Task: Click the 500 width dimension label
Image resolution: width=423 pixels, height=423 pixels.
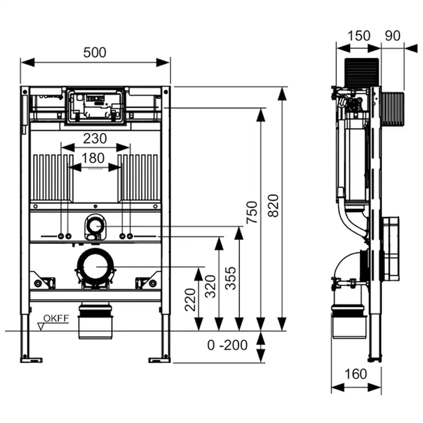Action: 95,52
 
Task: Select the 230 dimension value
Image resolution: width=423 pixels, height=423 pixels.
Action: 95,138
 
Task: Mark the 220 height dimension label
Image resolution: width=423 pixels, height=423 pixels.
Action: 191,299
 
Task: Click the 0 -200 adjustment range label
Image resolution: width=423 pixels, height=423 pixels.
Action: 227,345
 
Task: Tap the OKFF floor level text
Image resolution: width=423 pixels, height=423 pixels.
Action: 56,318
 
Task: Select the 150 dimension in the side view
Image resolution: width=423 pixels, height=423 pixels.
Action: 360,36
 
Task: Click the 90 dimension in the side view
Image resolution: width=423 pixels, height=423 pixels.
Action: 392,36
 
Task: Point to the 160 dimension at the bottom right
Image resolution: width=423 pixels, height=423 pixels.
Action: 356,374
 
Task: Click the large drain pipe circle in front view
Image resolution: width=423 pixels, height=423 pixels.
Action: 95,267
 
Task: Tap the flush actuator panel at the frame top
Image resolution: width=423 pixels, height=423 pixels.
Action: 95,105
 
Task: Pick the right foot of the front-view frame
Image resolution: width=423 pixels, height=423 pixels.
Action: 160,359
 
